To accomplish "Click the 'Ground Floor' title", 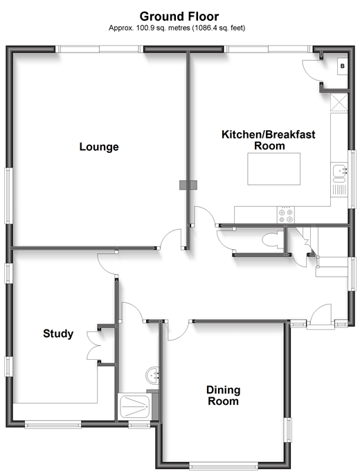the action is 179,16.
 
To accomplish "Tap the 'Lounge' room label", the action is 99,147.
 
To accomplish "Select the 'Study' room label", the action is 58,334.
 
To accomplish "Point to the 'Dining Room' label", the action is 223,395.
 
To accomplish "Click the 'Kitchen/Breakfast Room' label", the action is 269,140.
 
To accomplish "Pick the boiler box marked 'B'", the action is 343,66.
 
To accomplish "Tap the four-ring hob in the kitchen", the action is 286,215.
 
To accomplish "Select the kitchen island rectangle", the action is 273,169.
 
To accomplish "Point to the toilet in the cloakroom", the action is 273,241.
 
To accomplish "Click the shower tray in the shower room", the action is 135,407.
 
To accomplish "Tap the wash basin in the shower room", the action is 152,376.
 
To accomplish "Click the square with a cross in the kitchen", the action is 339,102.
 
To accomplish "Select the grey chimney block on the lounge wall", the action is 188,185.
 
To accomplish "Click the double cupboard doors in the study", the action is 93,345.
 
